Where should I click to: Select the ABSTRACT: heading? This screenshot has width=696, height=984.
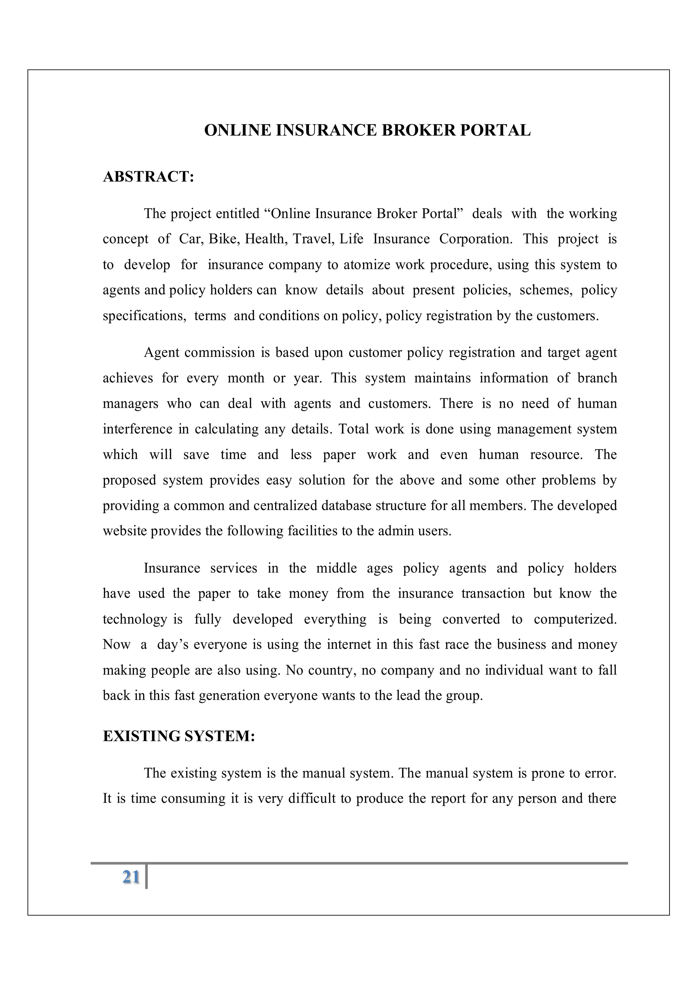(149, 177)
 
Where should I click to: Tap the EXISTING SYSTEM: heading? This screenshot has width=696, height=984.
(179, 736)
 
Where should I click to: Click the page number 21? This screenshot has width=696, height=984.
(131, 877)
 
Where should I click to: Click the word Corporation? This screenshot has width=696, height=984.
(475, 239)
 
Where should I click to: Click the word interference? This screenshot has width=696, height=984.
(137, 430)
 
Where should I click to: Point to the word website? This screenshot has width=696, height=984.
(124, 531)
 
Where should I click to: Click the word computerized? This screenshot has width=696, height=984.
(575, 620)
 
